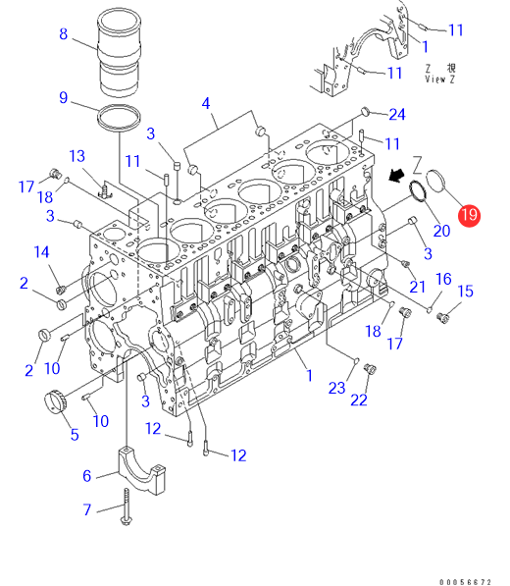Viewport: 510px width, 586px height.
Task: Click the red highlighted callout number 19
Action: point(469,215)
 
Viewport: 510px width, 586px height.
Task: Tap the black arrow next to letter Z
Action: point(396,175)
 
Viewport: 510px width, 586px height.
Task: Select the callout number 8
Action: point(64,34)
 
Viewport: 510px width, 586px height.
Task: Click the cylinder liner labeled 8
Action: point(120,52)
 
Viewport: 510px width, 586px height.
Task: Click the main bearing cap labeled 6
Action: point(141,469)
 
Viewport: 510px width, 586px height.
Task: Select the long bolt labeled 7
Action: point(127,507)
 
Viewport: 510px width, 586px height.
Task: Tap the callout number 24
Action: point(397,115)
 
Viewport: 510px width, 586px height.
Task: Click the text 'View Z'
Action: point(439,80)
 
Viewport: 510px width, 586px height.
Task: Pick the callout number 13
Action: point(76,156)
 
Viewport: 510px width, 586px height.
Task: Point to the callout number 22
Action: point(359,400)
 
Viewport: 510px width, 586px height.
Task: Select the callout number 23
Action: point(336,388)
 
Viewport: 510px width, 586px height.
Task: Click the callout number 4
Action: point(206,103)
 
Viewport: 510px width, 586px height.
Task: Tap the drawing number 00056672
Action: point(465,582)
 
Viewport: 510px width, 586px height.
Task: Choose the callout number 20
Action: point(441,231)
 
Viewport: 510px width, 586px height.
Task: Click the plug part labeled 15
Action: point(442,318)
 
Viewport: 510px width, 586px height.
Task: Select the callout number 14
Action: point(41,252)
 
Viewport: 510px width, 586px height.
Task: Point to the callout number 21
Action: point(417,287)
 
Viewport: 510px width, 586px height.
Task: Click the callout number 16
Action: point(443,279)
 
